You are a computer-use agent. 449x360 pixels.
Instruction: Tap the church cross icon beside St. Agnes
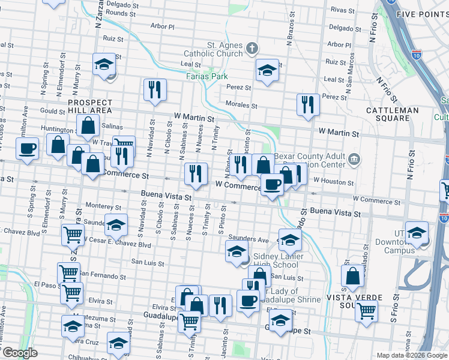[253, 47]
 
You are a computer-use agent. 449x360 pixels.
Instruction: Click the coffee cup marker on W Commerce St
[272, 185]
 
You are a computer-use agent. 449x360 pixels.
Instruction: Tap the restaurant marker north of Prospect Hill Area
[155, 90]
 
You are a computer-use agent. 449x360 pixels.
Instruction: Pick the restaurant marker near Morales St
[308, 104]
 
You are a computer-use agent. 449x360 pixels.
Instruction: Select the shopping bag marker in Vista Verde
[352, 276]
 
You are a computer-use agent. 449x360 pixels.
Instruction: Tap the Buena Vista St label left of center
[166, 195]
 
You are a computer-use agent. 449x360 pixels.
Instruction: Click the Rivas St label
[343, 10]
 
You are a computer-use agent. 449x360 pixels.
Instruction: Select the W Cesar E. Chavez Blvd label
[117, 245]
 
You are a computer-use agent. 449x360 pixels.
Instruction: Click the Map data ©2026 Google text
[411, 355]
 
